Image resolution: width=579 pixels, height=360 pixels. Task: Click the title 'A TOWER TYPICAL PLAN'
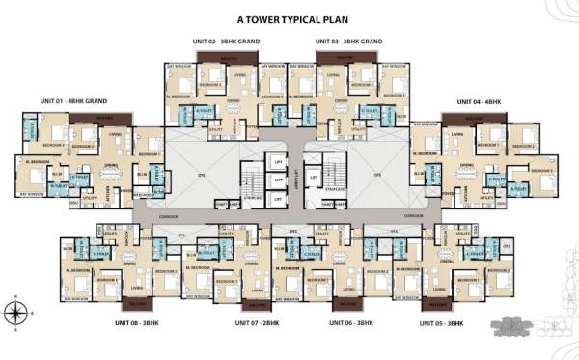(x=289, y=17)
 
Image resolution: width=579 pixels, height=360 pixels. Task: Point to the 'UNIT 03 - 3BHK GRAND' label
(x=350, y=42)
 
